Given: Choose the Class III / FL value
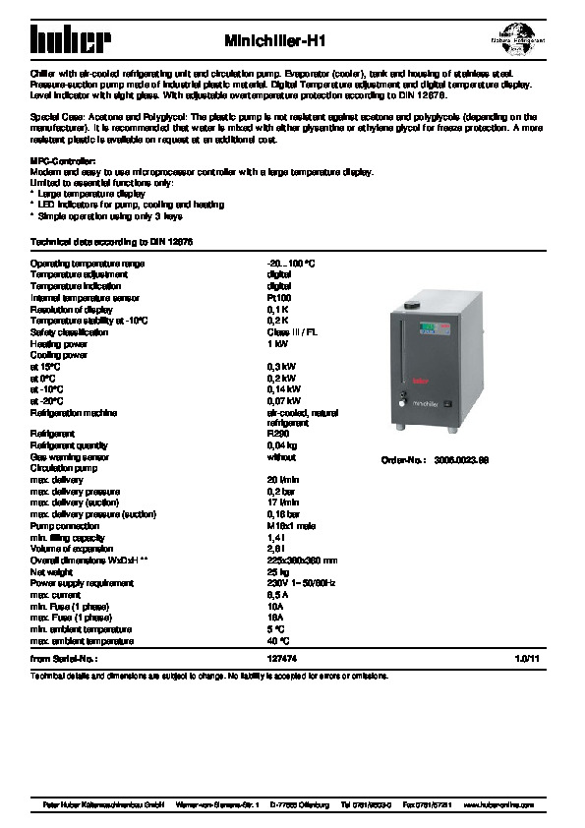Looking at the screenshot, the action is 292,332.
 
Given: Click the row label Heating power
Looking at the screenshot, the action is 59,344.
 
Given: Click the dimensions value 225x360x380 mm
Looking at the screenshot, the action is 303,560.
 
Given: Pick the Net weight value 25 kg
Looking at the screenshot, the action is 278,571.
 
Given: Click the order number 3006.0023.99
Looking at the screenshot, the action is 462,460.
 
